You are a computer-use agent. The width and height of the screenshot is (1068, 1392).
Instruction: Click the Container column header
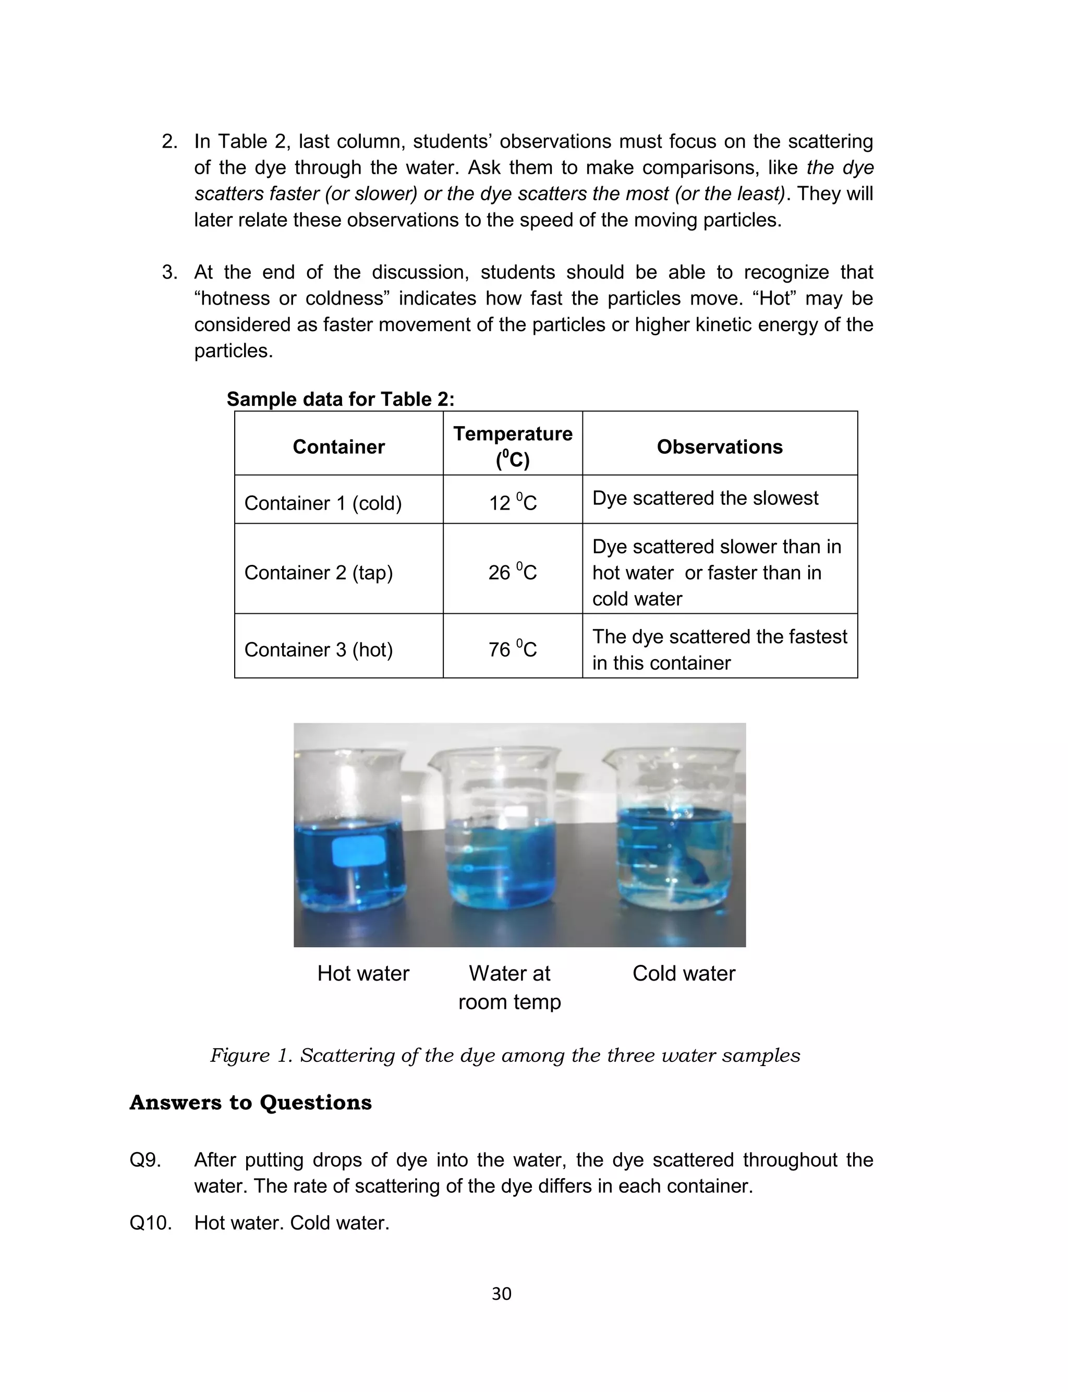pos(338,447)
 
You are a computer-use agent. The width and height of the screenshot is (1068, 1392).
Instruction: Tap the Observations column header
pos(719,447)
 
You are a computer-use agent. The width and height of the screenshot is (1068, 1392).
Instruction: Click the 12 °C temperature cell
pos(513,503)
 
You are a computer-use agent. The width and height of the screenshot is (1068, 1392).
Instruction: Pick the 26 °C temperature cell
pos(513,572)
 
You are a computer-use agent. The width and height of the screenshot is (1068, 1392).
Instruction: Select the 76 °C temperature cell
pos(513,649)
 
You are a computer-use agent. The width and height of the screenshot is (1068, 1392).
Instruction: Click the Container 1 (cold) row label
pos(323,503)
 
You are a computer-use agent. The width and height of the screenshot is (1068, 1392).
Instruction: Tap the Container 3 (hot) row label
pos(319,649)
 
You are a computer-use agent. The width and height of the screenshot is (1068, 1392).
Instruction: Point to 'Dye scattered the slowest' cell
pos(705,498)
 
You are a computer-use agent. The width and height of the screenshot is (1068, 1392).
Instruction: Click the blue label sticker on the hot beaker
pos(359,851)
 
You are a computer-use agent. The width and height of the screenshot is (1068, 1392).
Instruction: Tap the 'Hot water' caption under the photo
pos(363,973)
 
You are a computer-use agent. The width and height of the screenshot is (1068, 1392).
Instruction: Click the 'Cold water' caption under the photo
pos(683,973)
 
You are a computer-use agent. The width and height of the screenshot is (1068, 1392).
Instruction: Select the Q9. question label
pos(145,1160)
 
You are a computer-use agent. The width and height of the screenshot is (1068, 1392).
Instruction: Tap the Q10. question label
pos(150,1223)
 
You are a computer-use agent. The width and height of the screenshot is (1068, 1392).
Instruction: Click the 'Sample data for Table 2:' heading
pos(340,399)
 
